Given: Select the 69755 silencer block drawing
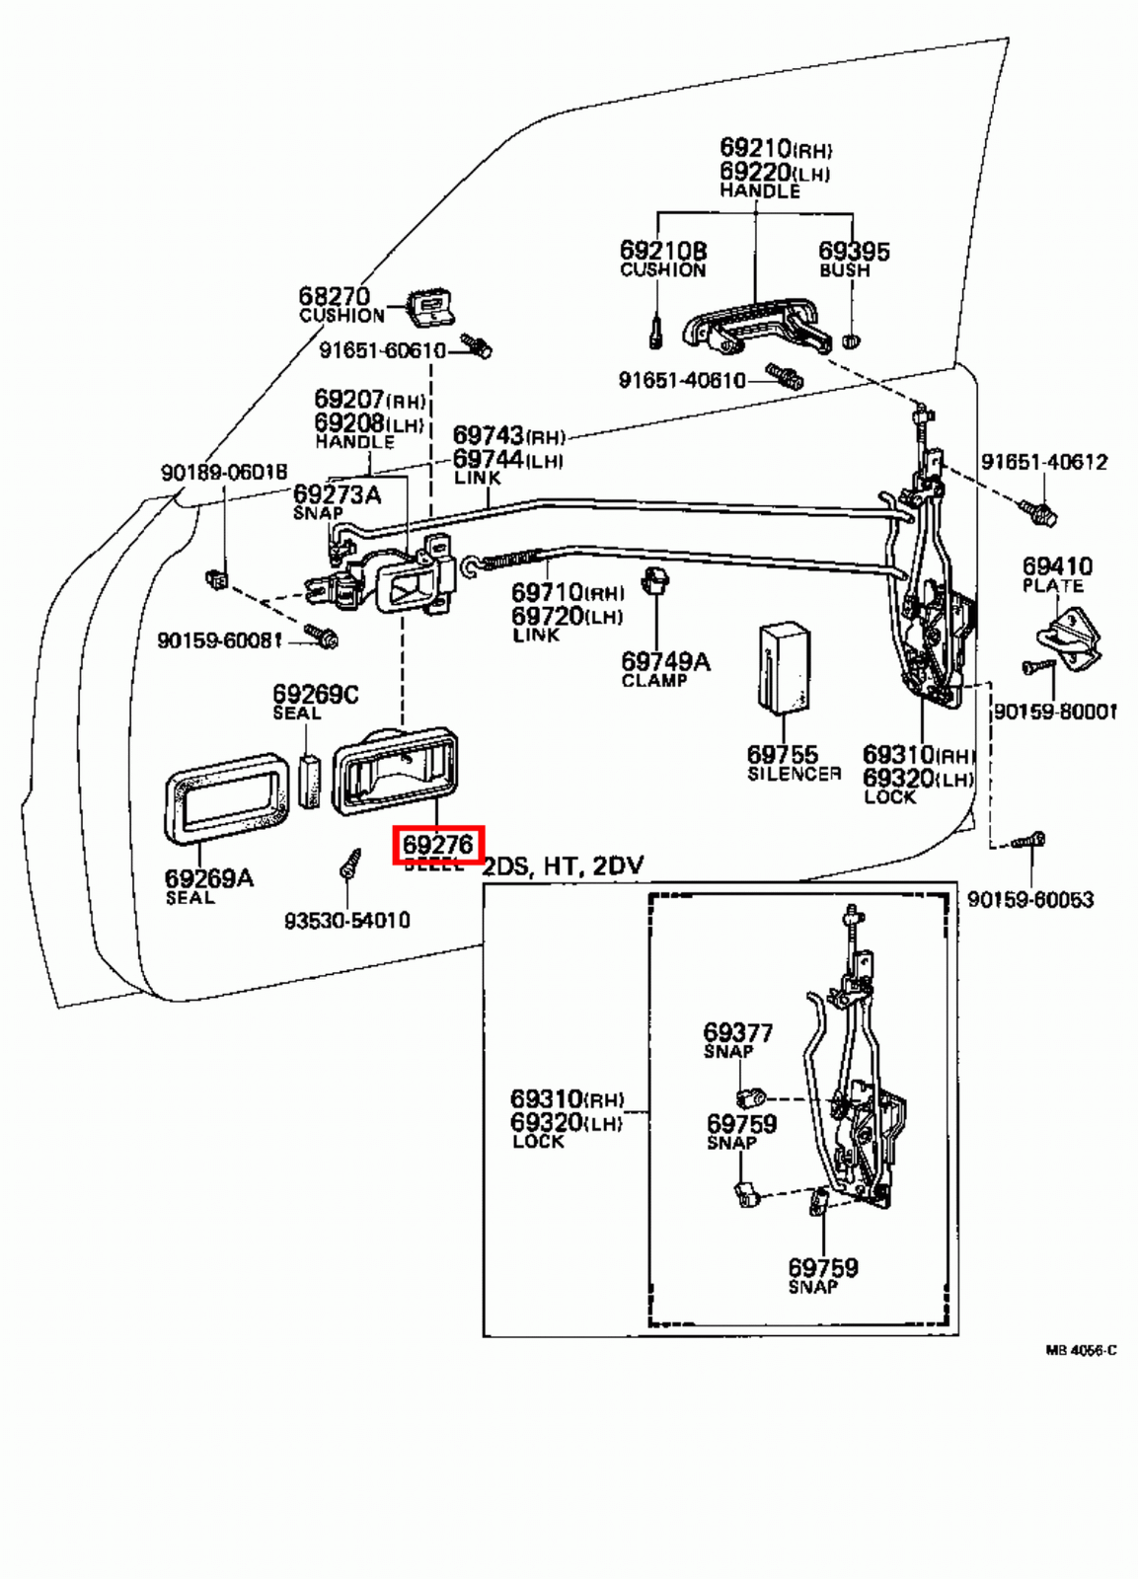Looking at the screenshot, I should [785, 666].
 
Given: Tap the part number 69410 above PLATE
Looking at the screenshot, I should [1057, 566].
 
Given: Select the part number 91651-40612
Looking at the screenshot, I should [1043, 462].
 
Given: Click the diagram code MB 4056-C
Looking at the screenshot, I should [1081, 1350].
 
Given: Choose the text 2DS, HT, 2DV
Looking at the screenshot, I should [563, 866].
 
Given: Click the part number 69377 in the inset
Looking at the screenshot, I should [737, 1032].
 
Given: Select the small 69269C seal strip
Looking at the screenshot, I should [309, 781].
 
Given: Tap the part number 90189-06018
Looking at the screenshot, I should [224, 473].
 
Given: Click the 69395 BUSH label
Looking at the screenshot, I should [853, 260].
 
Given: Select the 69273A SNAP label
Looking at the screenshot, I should [336, 501].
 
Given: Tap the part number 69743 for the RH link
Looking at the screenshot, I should [489, 435].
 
